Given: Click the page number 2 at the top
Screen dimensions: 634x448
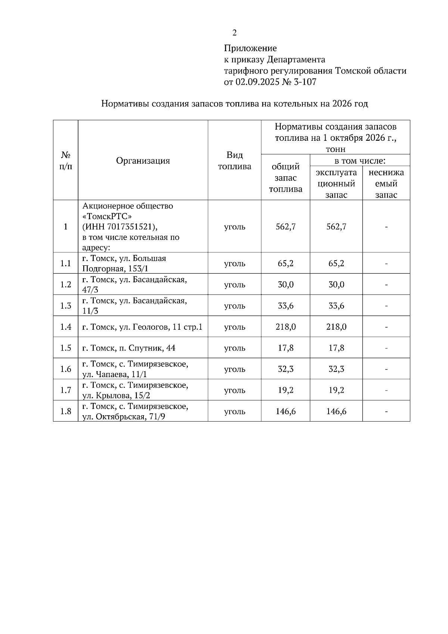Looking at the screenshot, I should (234, 33).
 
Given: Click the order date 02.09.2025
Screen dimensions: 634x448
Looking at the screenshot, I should (257, 82).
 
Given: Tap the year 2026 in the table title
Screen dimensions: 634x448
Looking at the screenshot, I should (341, 104).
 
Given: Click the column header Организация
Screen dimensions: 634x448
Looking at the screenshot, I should (143, 161).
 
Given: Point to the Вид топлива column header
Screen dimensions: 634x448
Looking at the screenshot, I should (234, 161).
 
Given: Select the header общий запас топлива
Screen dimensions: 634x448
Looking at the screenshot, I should (286, 178).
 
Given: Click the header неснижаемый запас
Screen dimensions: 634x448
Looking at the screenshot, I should (386, 183).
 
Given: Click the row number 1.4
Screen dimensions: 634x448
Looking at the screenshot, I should (66, 327).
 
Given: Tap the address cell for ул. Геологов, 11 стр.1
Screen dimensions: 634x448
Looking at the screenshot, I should (142, 327).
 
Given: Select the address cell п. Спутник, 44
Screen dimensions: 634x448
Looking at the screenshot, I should (129, 348).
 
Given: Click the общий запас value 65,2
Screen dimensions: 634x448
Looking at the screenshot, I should (286, 264).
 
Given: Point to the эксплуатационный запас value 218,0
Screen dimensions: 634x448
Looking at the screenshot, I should (336, 327).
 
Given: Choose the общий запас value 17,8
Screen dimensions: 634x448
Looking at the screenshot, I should (286, 348).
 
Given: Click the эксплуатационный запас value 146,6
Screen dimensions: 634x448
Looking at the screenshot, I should (336, 411).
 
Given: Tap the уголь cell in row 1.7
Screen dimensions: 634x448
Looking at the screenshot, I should (234, 390).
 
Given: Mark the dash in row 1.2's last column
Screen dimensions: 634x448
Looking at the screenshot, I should (386, 285).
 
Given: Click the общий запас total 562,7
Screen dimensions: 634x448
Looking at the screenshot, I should (286, 227).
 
